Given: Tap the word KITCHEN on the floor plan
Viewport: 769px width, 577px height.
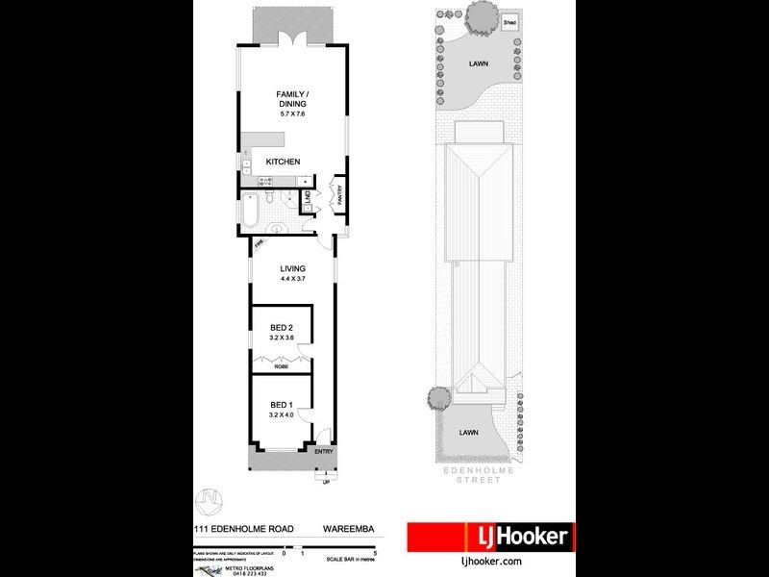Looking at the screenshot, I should pyautogui.click(x=284, y=162).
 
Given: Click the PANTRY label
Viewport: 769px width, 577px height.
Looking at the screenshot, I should pyautogui.click(x=339, y=194).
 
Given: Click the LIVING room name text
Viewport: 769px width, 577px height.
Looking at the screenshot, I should pyautogui.click(x=292, y=269).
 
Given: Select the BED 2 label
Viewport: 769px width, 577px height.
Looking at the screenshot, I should pyautogui.click(x=281, y=329).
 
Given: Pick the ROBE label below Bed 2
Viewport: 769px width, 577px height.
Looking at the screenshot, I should pyautogui.click(x=281, y=366).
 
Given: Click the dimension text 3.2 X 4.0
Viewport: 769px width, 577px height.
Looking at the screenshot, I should pyautogui.click(x=281, y=414).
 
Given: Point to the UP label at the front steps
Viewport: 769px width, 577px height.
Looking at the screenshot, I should pyautogui.click(x=325, y=483).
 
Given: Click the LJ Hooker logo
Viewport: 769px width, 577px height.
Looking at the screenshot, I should pyautogui.click(x=490, y=537).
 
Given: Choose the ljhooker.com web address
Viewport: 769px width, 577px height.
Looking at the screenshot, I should pyautogui.click(x=491, y=561).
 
